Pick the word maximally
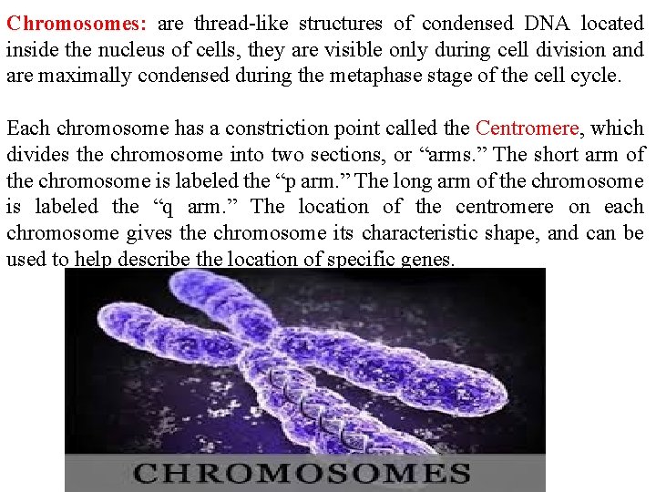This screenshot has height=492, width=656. pyautogui.click(x=84, y=76)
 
